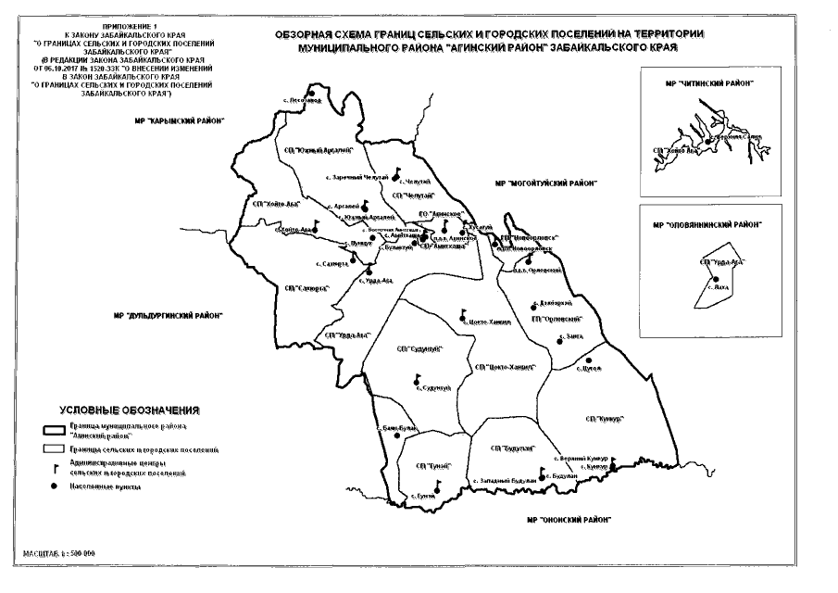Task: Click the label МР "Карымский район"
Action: (180, 121)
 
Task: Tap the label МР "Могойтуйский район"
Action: (555, 183)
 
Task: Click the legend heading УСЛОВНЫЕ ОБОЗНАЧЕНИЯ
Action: (130, 410)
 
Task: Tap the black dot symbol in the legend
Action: (54, 486)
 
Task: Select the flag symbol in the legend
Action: (55, 469)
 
